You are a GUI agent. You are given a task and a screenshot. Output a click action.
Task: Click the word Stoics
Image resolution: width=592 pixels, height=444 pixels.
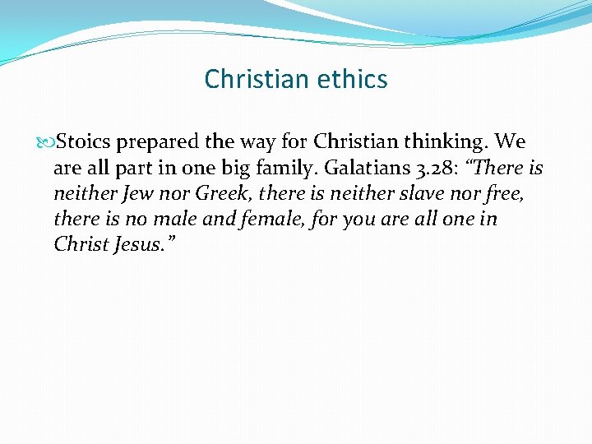pyautogui.click(x=83, y=141)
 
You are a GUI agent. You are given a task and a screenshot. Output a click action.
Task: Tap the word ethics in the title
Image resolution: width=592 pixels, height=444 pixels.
pyautogui.click(x=354, y=79)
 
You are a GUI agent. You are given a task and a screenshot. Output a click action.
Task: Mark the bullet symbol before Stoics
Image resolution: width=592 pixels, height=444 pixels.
pyautogui.click(x=45, y=142)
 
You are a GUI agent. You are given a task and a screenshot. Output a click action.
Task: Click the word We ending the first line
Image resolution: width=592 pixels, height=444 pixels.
pyautogui.click(x=511, y=141)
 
